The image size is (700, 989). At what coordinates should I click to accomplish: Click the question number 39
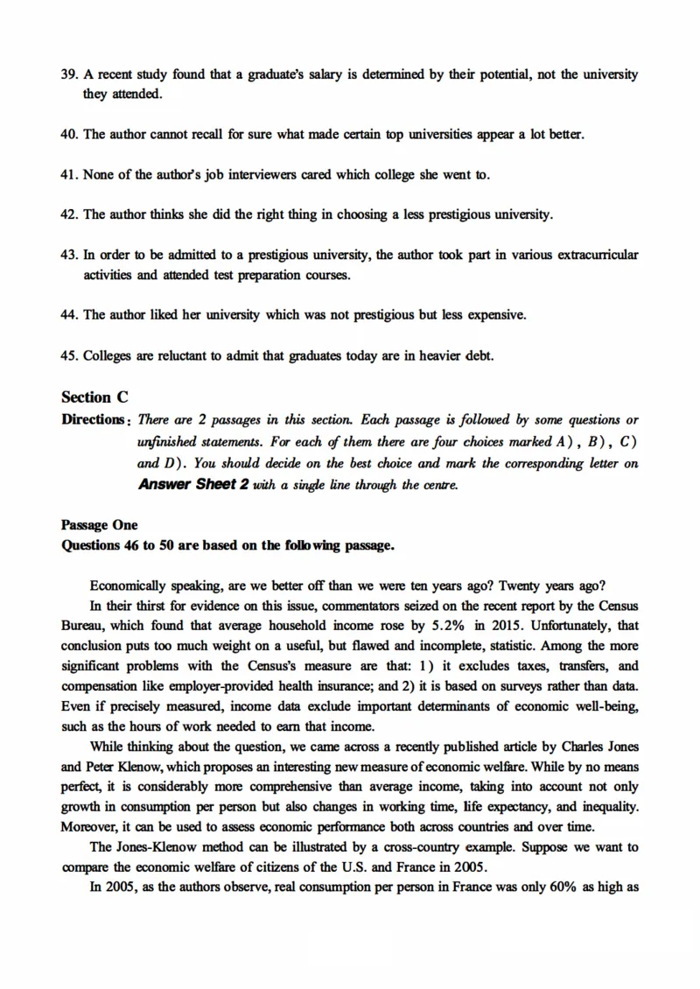click(x=69, y=75)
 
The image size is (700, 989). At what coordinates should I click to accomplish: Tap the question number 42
click(x=69, y=214)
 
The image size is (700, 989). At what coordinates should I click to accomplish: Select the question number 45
click(x=69, y=354)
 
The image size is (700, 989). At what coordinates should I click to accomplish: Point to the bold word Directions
click(x=94, y=419)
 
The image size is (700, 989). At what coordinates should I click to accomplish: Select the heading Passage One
click(x=99, y=525)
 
